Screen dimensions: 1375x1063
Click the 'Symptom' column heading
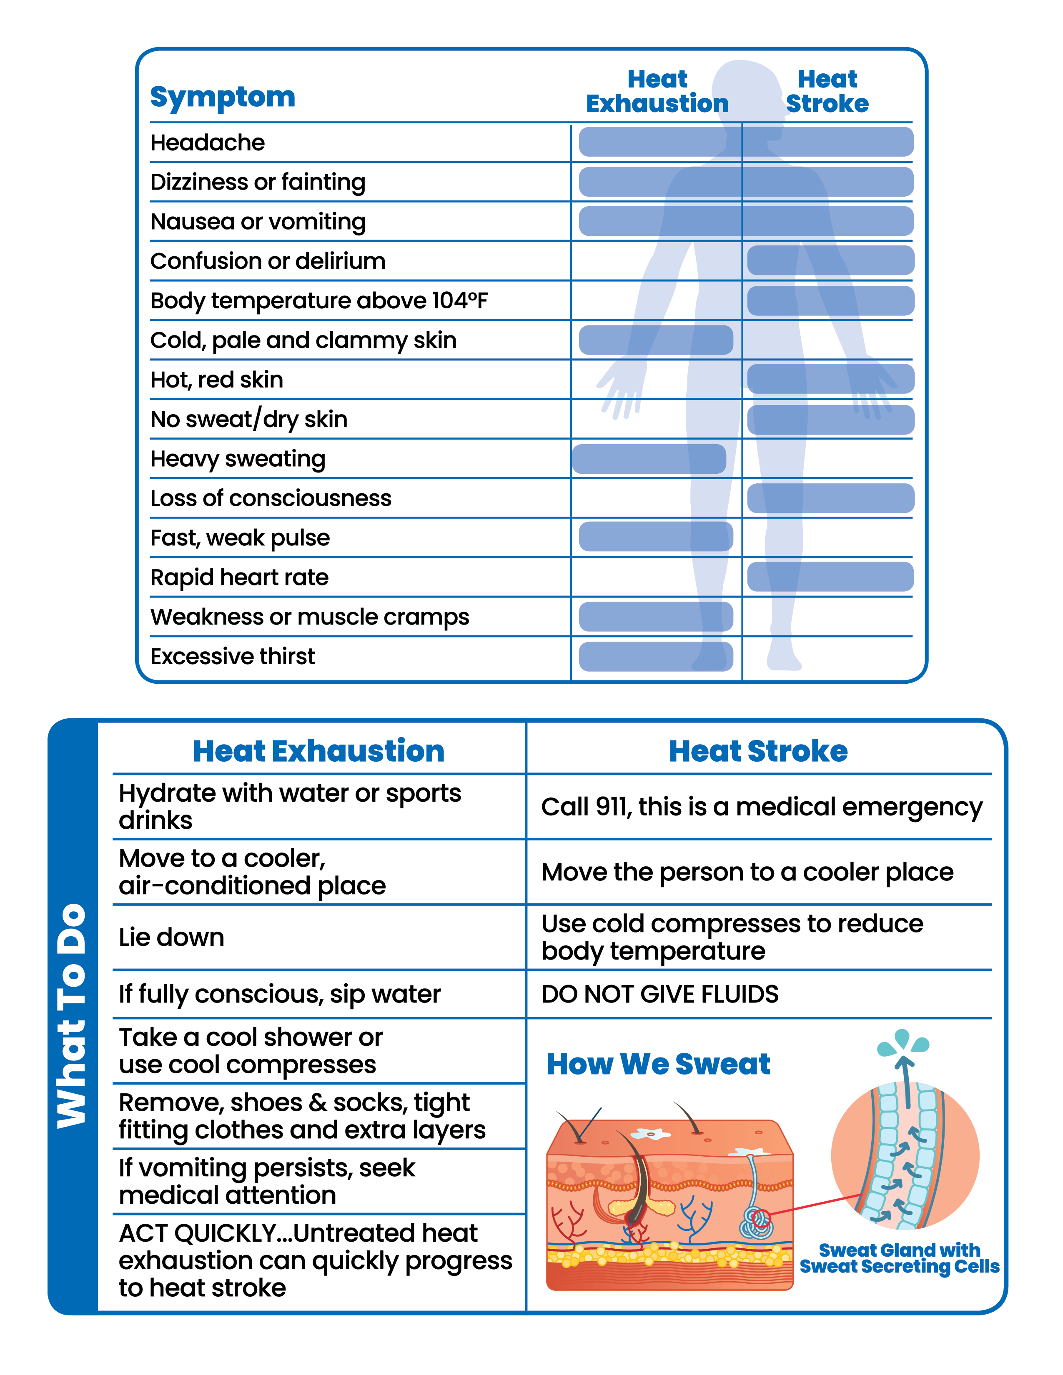[x=222, y=97]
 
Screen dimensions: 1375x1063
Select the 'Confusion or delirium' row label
[x=268, y=261]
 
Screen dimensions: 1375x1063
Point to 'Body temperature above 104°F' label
[x=318, y=301]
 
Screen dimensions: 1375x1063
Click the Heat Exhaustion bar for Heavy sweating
[x=649, y=459]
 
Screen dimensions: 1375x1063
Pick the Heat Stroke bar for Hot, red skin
[x=830, y=379]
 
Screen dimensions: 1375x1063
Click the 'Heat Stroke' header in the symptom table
[x=827, y=91]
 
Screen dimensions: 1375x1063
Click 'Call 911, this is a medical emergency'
[x=761, y=807]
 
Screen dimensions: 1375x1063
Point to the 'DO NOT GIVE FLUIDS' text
[x=659, y=994]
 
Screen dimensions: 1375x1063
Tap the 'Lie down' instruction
[x=171, y=937]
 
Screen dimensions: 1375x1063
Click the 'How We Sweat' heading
[x=658, y=1064]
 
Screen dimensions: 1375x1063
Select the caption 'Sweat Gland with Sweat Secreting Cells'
[x=899, y=1258]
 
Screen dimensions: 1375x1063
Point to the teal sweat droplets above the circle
[x=903, y=1042]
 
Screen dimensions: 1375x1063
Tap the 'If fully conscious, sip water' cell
[x=280, y=994]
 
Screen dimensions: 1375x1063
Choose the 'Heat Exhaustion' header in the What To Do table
[x=318, y=751]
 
